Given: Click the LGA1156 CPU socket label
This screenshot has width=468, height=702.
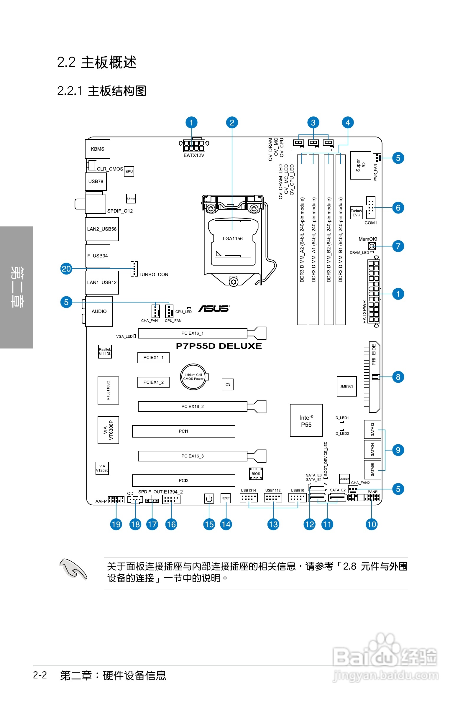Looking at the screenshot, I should [x=232, y=239].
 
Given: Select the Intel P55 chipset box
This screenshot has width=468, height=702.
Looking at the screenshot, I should [x=306, y=420].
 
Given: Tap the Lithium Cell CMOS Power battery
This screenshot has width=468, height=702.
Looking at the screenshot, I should [x=193, y=377].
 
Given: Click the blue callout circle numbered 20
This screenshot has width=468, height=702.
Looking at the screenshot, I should [x=66, y=269].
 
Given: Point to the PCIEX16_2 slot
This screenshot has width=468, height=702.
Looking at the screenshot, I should [x=193, y=406].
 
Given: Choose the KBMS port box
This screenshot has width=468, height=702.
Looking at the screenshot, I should [x=98, y=149].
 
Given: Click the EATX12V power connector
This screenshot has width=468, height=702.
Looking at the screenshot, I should [x=194, y=146].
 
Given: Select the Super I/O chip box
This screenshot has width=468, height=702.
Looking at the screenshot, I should [x=361, y=165].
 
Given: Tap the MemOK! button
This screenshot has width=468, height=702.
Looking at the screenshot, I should [x=372, y=246].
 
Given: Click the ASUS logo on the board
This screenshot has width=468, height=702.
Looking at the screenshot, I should [x=214, y=308].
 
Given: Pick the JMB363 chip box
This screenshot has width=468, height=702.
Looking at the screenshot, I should [x=347, y=386].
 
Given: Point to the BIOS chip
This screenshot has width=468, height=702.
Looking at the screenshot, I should [x=256, y=474].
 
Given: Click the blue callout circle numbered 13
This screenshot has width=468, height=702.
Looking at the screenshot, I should [x=273, y=524].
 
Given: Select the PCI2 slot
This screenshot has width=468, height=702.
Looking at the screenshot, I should [x=183, y=480].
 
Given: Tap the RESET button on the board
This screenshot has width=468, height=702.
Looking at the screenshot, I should [x=226, y=498].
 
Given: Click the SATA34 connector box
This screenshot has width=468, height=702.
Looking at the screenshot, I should [x=372, y=449].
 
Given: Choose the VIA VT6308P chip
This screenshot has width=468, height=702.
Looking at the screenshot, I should [x=108, y=430].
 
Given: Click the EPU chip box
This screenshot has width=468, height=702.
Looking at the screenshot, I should [x=129, y=171].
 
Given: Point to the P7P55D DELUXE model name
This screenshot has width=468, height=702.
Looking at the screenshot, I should [x=219, y=346].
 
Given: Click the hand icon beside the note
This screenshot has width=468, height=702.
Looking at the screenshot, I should [x=73, y=568].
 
